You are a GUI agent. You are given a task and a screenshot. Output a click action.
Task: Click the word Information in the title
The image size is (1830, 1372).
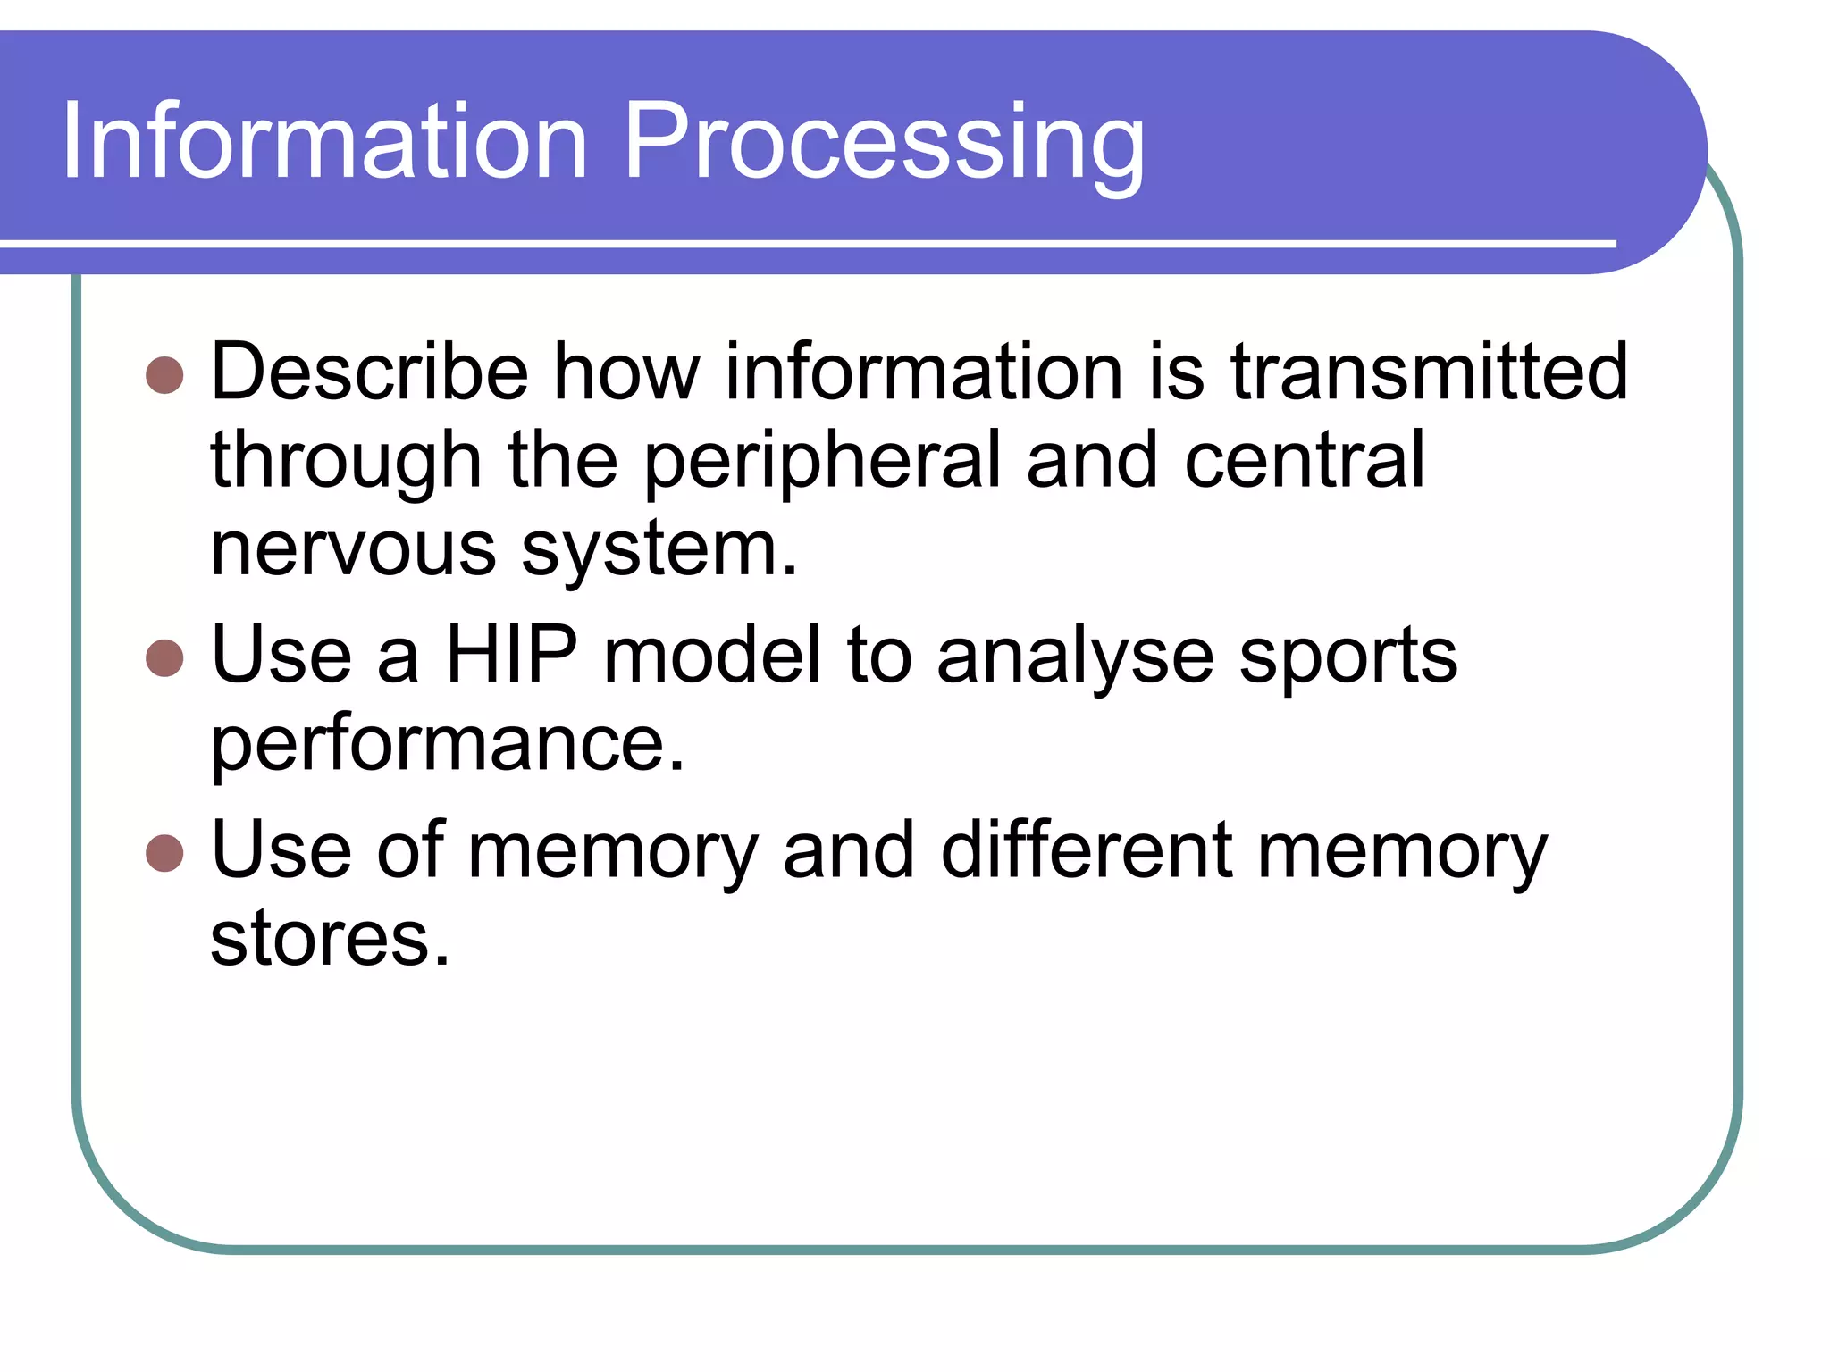point(324,141)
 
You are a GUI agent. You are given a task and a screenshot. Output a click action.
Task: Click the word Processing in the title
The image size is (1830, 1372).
point(883,143)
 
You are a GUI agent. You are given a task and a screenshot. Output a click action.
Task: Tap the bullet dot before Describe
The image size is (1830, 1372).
point(164,376)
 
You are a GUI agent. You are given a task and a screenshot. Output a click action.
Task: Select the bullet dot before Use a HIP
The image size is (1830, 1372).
point(164,658)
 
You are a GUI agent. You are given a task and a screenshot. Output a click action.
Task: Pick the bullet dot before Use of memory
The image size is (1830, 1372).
point(164,853)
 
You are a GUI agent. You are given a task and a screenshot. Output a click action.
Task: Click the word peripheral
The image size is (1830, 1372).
point(822,462)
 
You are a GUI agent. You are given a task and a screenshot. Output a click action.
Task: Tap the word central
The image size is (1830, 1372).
point(1304,460)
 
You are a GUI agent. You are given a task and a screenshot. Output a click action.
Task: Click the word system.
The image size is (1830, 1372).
point(659,550)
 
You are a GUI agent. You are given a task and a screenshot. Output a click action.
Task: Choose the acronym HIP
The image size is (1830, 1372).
point(511,655)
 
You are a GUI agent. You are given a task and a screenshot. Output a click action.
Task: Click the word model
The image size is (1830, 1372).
point(712,655)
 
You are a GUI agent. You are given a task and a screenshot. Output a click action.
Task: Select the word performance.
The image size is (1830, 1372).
point(447,745)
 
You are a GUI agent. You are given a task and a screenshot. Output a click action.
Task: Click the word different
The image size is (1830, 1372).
point(1087,849)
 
